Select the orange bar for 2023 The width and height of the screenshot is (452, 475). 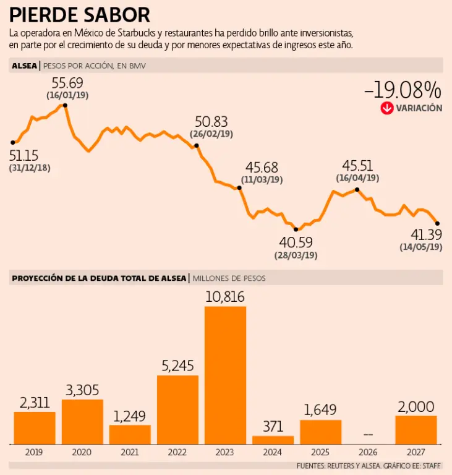225,375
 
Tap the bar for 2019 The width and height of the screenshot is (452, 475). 35,427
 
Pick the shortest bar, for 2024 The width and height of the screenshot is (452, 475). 273,440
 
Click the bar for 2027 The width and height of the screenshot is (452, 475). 416,429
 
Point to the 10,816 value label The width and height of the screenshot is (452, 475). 225,297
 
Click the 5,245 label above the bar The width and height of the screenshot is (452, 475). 178,366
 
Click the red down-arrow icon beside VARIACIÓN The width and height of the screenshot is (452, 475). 387,108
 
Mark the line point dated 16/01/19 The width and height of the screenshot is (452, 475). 65,106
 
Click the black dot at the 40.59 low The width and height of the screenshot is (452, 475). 296,229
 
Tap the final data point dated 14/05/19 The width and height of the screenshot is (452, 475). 437,223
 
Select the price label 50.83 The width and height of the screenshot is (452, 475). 211,122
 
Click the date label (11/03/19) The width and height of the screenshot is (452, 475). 262,179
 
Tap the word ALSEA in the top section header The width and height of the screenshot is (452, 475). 24,65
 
